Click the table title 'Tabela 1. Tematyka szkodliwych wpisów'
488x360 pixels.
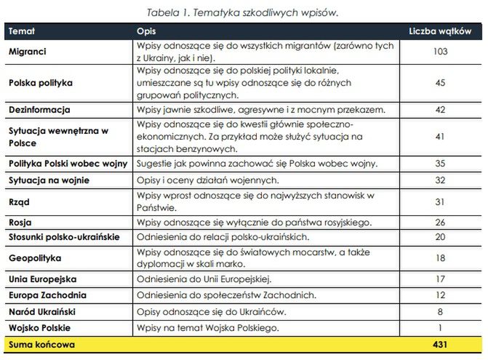click(x=243, y=12)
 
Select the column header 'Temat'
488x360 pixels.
click(x=22, y=31)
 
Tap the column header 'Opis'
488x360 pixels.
click(x=146, y=31)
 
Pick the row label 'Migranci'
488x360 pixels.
click(x=28, y=52)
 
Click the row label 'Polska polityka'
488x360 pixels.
click(x=41, y=83)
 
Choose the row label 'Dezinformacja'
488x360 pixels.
click(x=39, y=110)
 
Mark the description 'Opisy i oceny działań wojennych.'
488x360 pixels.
click(x=207, y=180)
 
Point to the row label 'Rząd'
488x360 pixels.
click(x=19, y=201)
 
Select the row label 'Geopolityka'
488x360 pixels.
click(x=35, y=258)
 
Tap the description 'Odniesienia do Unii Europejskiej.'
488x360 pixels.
click(x=204, y=279)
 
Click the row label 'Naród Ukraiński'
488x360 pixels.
click(x=42, y=311)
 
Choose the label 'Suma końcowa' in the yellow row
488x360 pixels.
click(x=41, y=344)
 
